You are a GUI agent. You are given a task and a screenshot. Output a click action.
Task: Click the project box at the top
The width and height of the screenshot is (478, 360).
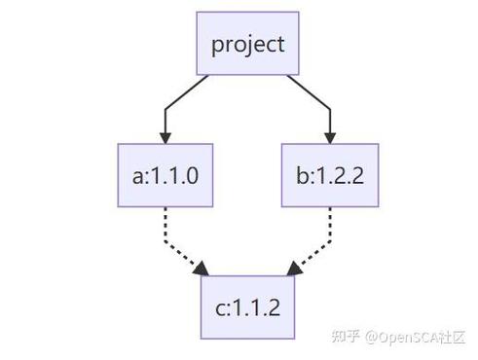(x=248, y=44)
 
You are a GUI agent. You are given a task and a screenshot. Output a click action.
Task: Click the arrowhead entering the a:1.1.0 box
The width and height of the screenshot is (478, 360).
(x=165, y=136)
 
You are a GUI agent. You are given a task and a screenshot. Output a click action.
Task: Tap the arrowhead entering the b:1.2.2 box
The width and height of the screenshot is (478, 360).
(x=330, y=136)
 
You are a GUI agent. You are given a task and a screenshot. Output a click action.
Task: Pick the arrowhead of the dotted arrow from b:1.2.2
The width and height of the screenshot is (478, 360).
(x=293, y=266)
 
